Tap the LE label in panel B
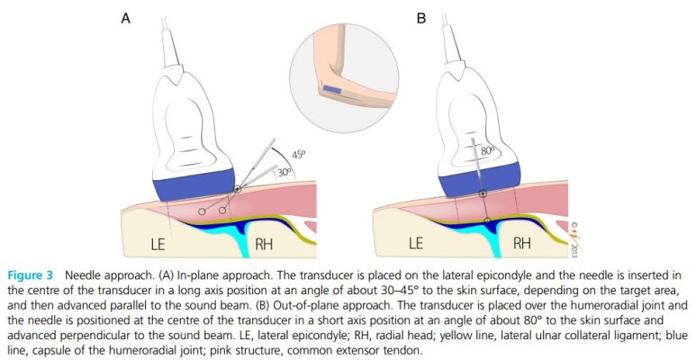coord(416,243)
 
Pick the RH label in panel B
coord(522,243)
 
